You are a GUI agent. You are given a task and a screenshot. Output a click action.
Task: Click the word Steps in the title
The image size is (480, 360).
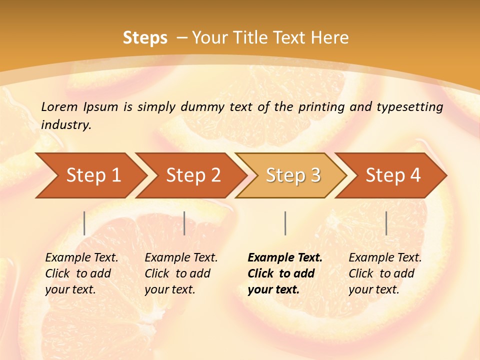point(145,38)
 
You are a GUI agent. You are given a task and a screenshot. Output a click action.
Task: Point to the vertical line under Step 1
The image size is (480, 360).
point(84,223)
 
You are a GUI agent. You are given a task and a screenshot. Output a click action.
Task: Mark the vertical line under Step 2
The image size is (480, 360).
point(184,223)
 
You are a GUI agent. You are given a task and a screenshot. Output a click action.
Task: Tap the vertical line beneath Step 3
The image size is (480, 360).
point(285,223)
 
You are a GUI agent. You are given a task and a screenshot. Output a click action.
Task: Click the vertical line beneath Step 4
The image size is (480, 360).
point(386,223)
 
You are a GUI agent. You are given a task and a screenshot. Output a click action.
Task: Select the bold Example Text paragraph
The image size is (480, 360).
point(284,273)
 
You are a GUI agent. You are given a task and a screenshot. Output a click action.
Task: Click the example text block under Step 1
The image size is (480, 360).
point(81,273)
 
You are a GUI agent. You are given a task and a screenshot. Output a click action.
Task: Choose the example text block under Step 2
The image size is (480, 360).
point(181,273)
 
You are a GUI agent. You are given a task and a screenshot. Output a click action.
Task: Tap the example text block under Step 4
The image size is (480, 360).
point(385,273)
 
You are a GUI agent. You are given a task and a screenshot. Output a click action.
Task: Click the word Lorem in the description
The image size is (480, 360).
point(59,106)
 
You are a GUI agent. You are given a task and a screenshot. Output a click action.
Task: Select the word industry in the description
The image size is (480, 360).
point(65,125)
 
